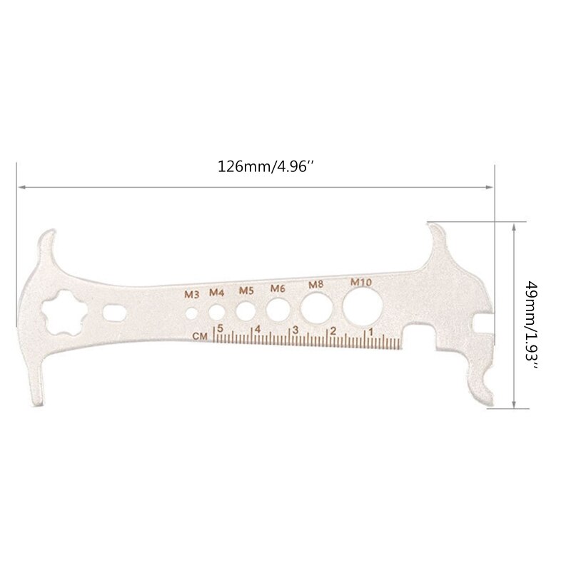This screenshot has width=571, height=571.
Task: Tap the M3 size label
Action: coord(191,293)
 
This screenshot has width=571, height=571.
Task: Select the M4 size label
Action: coord(216,291)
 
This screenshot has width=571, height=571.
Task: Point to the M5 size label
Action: coord(246,290)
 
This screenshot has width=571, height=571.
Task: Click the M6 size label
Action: coord(278,288)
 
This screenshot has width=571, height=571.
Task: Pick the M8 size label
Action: coord(315,285)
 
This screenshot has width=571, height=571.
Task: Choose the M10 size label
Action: coord(360,283)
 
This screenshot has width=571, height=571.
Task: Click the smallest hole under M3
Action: coord(191,313)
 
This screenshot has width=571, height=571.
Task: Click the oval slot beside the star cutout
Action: coord(114,313)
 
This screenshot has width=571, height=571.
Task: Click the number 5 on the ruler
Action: coord(221,328)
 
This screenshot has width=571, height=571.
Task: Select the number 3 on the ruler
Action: coord(295,330)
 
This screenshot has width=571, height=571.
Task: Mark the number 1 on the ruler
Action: coord(370,332)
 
